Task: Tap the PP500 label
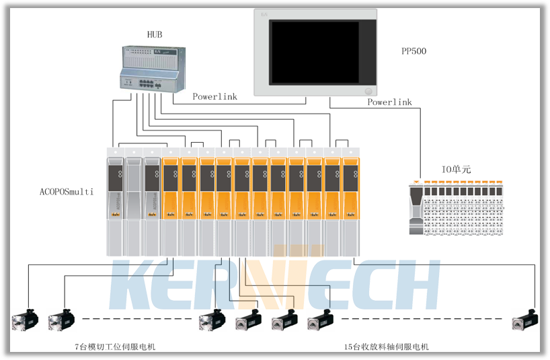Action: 414,51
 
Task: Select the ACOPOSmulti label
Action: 67,192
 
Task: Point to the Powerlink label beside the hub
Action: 214,97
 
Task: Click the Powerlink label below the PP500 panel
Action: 389,102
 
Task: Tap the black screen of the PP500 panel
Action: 314,52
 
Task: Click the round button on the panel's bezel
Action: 368,91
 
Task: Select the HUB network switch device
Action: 149,69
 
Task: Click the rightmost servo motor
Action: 524,320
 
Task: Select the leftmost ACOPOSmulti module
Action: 116,202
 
